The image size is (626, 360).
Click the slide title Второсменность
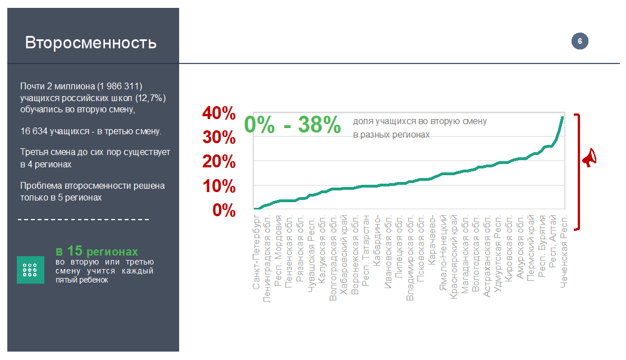pyautogui.click(x=90, y=43)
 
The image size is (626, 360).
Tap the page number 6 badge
pyautogui.click(x=579, y=41)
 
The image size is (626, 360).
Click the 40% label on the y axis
pyautogui.click(x=219, y=113)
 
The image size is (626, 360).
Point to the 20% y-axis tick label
pyautogui.click(x=219, y=162)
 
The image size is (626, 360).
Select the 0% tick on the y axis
pyautogui.click(x=223, y=210)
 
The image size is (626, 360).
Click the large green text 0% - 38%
pyautogui.click(x=293, y=125)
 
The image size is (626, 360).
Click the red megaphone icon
pyautogui.click(x=588, y=159)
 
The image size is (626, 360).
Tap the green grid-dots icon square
pyautogui.click(x=30, y=270)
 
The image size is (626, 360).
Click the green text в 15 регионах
pyautogui.click(x=97, y=251)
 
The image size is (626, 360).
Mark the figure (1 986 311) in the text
pyautogui.click(x=120, y=86)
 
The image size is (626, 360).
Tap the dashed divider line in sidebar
pyautogui.click(x=84, y=219)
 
